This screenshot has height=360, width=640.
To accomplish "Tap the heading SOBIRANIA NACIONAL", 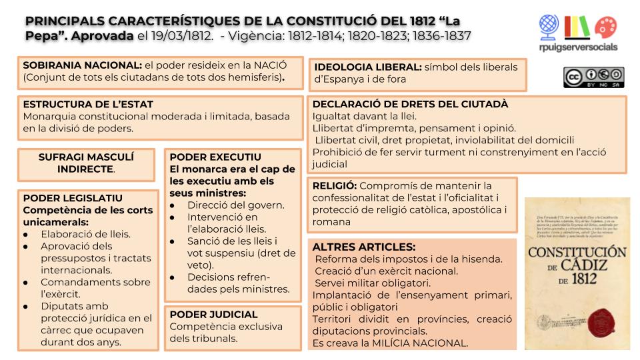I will coord(82,65).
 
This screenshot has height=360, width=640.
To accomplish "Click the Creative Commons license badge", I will coord(593,77).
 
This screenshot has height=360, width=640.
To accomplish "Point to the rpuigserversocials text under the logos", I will coord(578,47).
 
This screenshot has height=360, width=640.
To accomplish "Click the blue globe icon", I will coord(549,25).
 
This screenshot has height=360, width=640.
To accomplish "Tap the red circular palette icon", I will coord(606,27).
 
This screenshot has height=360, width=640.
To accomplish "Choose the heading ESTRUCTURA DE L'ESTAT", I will coord(88,105).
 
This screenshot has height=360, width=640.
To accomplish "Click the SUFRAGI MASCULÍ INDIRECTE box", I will coord(86,163).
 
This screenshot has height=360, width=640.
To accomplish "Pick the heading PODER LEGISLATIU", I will coord(73,198).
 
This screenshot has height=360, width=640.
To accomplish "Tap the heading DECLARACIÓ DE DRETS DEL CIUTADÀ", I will coord(410,104).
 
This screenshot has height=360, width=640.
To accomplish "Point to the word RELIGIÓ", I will coord(333,185).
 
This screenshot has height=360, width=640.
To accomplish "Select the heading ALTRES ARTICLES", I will coord(363,247).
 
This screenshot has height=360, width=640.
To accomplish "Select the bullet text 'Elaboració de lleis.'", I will coord(85,234).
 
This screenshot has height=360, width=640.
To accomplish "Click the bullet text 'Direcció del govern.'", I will coord(235,205).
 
